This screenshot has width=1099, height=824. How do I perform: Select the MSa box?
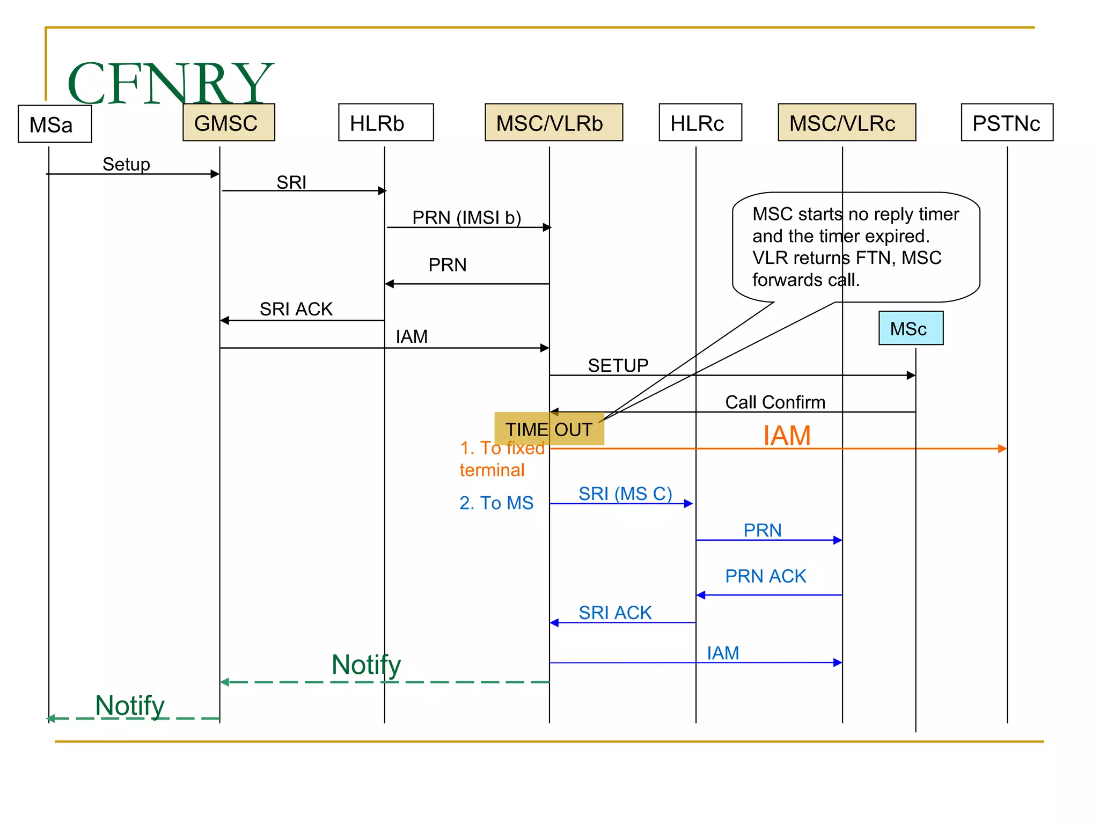(55, 124)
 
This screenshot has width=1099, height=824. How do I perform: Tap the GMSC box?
(229, 123)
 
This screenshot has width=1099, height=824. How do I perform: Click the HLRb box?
(385, 123)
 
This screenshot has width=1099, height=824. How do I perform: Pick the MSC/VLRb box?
(553, 123)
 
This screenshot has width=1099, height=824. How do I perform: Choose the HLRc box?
(700, 123)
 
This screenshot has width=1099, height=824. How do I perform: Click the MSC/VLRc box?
(846, 123)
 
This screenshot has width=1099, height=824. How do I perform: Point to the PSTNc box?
(1006, 123)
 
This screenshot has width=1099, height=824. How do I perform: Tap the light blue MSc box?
(910, 328)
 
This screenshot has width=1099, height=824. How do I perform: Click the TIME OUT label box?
(548, 429)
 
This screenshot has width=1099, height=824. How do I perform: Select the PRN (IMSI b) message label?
(466, 217)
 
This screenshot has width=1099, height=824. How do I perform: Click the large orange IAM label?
(786, 435)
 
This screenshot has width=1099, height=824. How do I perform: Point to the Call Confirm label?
(775, 402)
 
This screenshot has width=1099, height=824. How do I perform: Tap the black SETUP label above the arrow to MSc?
(618, 365)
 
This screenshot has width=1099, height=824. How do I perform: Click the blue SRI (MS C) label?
(625, 493)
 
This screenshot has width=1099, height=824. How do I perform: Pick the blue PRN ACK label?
(765, 576)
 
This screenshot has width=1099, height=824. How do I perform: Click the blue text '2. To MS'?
(496, 503)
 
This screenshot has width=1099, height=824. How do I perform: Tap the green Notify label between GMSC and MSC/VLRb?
(366, 664)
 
